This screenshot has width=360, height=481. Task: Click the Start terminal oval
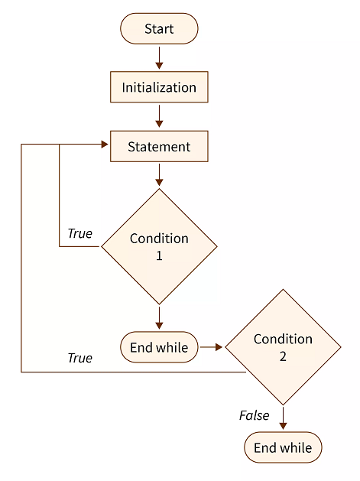pos(159,29)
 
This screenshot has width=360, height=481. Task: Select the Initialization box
pos(159,87)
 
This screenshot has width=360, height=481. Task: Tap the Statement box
pos(159,146)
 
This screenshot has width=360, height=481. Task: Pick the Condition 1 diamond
pos(159,246)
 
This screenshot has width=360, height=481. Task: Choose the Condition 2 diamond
pos(283,346)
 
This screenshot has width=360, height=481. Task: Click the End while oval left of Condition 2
pos(159,347)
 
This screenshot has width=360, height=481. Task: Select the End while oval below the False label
pos(283,447)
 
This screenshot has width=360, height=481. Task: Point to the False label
pos(255,415)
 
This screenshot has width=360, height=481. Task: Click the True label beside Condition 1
pos(79,233)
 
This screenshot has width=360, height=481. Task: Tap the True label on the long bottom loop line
pos(79,358)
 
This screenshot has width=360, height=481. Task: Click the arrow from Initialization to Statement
pos(159,115)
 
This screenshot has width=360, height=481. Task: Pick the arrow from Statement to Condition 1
pos(159,175)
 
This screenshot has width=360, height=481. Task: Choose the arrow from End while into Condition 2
pos(211,347)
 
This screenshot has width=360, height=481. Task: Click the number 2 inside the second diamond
pos(283,356)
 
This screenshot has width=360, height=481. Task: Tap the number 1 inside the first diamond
pos(159,255)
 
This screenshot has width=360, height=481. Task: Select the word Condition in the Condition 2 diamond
pos(283,338)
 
